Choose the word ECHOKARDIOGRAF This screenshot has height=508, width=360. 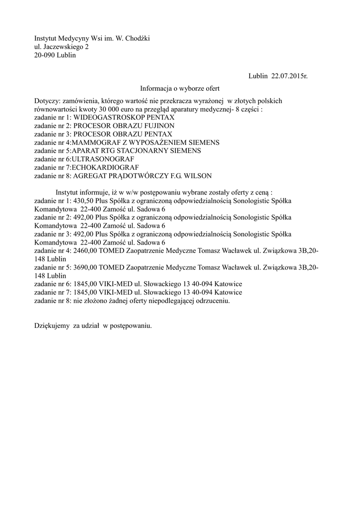pyautogui.click(x=105, y=167)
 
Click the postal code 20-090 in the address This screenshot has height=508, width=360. pyautogui.click(x=45, y=55)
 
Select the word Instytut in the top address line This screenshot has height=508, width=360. pyautogui.click(x=46, y=38)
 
